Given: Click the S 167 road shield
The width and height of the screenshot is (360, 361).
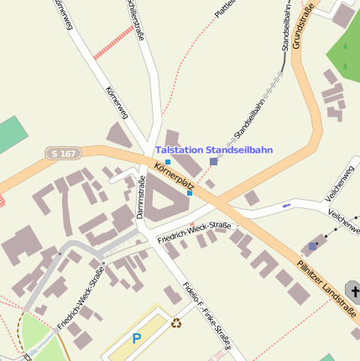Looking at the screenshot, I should pos(64,154).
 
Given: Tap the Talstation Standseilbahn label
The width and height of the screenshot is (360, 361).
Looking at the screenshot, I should pos(214,149).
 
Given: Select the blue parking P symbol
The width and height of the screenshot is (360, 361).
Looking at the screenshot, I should pos(137,339).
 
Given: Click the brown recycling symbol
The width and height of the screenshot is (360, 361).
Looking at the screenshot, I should pos(177,322).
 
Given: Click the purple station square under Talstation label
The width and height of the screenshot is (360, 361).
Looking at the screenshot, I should pos(213,161).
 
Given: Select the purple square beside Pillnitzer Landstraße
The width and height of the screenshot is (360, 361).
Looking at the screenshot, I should pos(313,246).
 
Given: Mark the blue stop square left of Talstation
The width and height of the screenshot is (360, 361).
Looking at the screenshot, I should pos(168,161).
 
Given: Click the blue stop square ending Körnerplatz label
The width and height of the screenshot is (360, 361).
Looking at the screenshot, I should pos(190,193).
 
